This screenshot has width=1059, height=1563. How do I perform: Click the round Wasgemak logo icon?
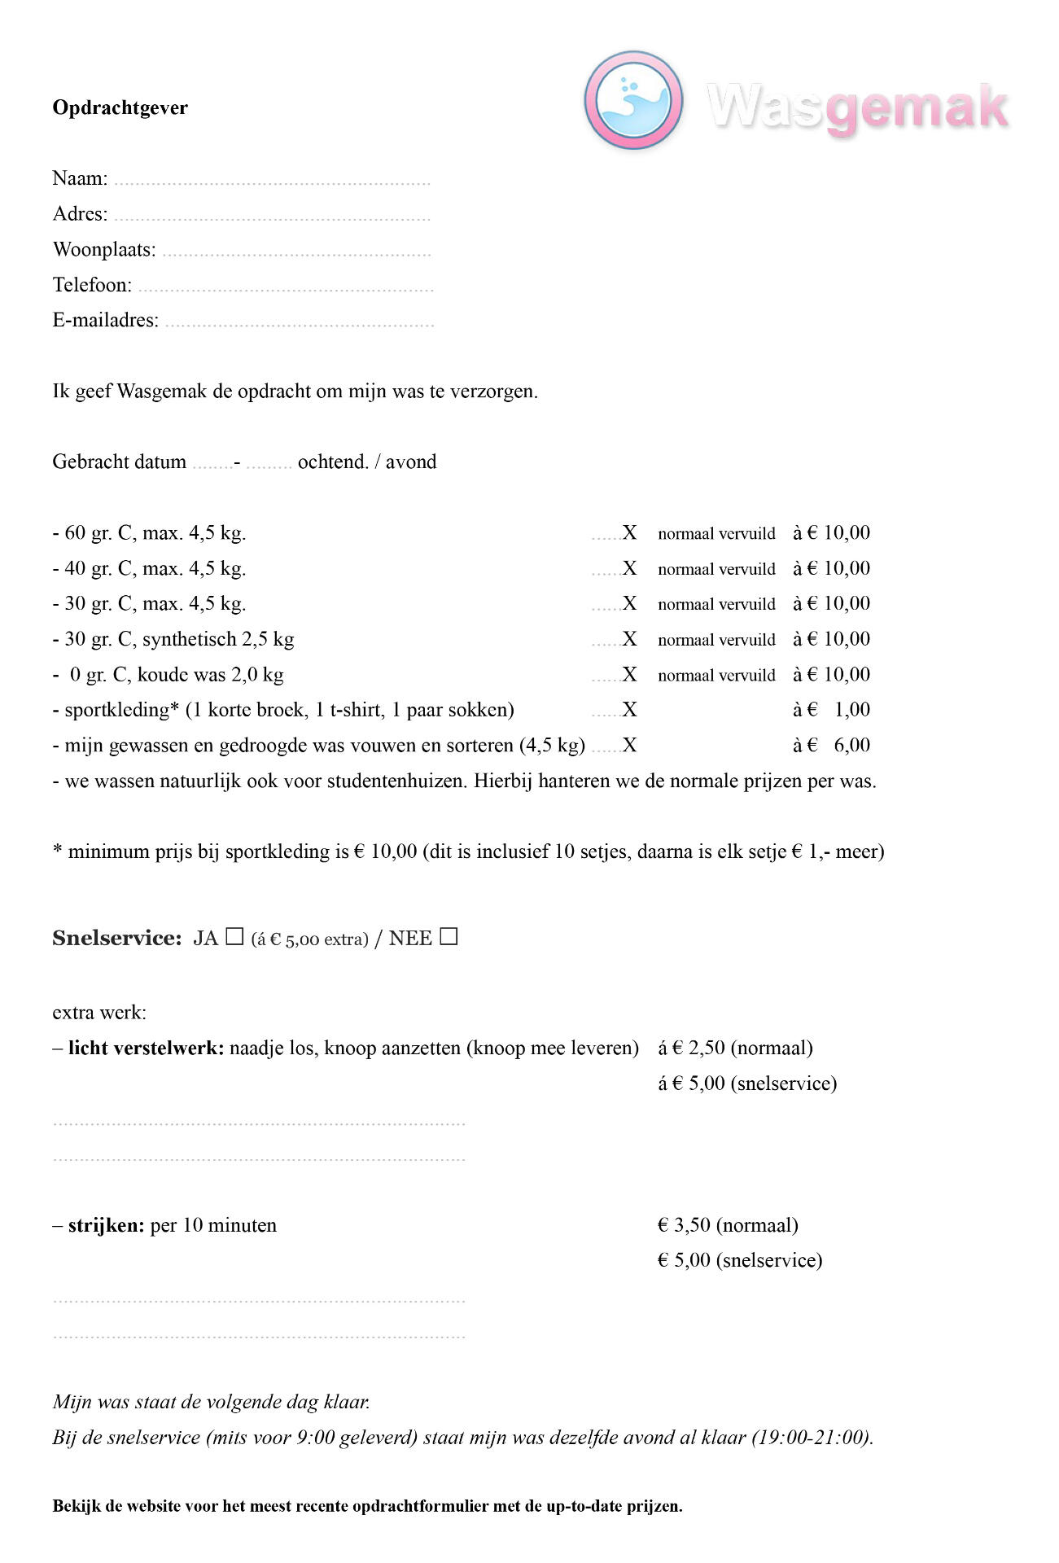pos(632,100)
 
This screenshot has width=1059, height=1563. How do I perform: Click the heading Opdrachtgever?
pos(120,108)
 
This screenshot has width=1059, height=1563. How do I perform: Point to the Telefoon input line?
pos(285,288)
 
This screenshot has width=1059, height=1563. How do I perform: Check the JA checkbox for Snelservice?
pos(234,937)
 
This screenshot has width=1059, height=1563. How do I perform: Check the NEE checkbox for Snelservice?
pos(449,937)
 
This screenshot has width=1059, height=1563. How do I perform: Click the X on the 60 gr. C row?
pos(629,533)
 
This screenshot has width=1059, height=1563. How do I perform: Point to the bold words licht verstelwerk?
pos(146,1048)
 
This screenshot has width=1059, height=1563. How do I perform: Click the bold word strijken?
pos(106,1225)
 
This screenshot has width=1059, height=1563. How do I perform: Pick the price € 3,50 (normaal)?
pos(728,1225)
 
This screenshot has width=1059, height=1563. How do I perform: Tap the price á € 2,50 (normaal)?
pos(735,1048)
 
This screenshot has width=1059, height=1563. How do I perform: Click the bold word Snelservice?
pos(116,939)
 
